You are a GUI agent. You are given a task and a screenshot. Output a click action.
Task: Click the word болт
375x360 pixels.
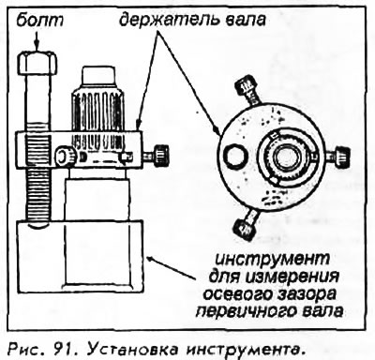[x=39, y=21]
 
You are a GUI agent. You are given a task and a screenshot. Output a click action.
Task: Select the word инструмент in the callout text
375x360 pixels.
[x=272, y=260]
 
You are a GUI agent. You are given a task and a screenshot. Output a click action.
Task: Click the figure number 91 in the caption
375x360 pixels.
[x=64, y=349]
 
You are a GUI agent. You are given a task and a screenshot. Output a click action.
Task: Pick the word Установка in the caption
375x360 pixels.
[x=132, y=349]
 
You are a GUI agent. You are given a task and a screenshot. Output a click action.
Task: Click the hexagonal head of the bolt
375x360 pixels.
[x=37, y=64]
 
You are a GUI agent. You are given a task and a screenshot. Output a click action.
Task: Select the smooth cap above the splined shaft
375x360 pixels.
[x=98, y=76]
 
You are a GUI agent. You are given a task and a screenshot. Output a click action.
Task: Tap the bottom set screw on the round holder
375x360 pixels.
[x=247, y=224]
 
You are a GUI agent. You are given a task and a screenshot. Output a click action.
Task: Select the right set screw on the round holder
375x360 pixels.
[x=338, y=156]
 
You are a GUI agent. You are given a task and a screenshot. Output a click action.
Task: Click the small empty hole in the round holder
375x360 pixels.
[x=235, y=156]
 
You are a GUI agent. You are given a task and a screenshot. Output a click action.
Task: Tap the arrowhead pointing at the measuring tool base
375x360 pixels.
[x=151, y=259]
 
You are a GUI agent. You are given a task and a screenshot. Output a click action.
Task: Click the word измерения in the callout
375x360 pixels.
[x=292, y=277]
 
